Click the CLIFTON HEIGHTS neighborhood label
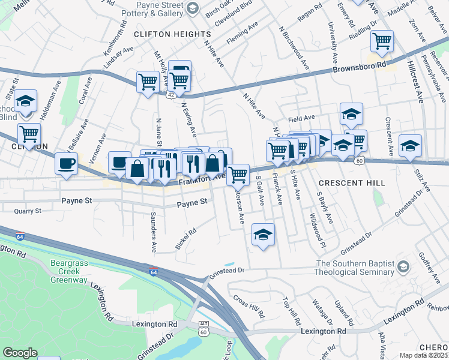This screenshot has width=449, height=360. tap(172, 34)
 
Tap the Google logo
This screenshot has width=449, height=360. tap(20, 353)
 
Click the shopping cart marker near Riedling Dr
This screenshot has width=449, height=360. tap(382, 41)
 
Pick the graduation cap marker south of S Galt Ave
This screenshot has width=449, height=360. tap(263, 235)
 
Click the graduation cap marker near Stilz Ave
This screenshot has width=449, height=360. tap(410, 146)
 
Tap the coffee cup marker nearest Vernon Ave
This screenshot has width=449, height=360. tap(66, 163)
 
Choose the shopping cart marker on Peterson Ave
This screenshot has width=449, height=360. tap(238, 175)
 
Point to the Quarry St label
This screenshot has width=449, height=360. tap(28, 211)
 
